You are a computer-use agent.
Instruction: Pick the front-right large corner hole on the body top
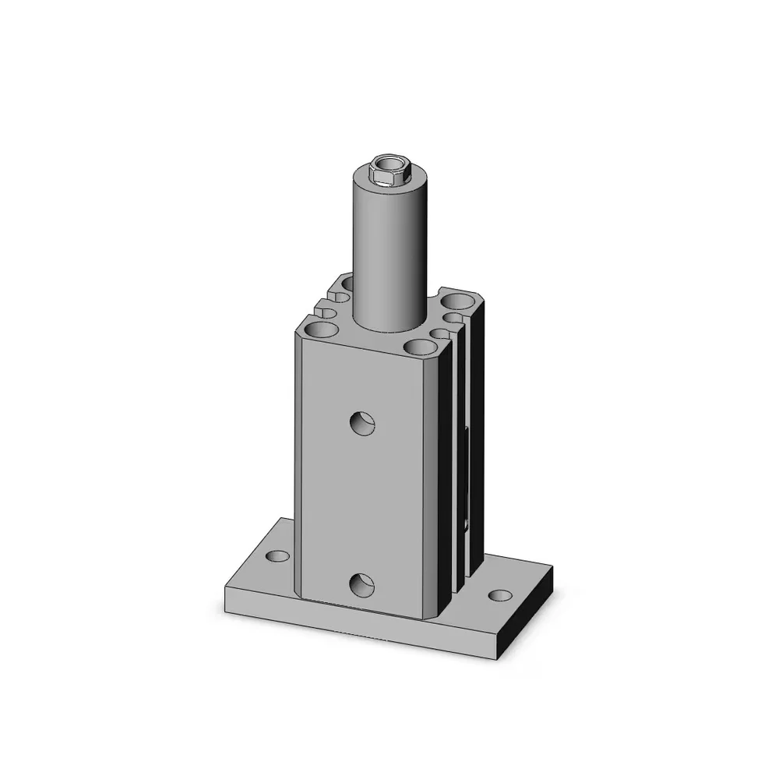pos(420,347)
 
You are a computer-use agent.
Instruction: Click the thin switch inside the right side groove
pos(467,483)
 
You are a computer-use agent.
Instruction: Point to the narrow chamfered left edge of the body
pos(298,467)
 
